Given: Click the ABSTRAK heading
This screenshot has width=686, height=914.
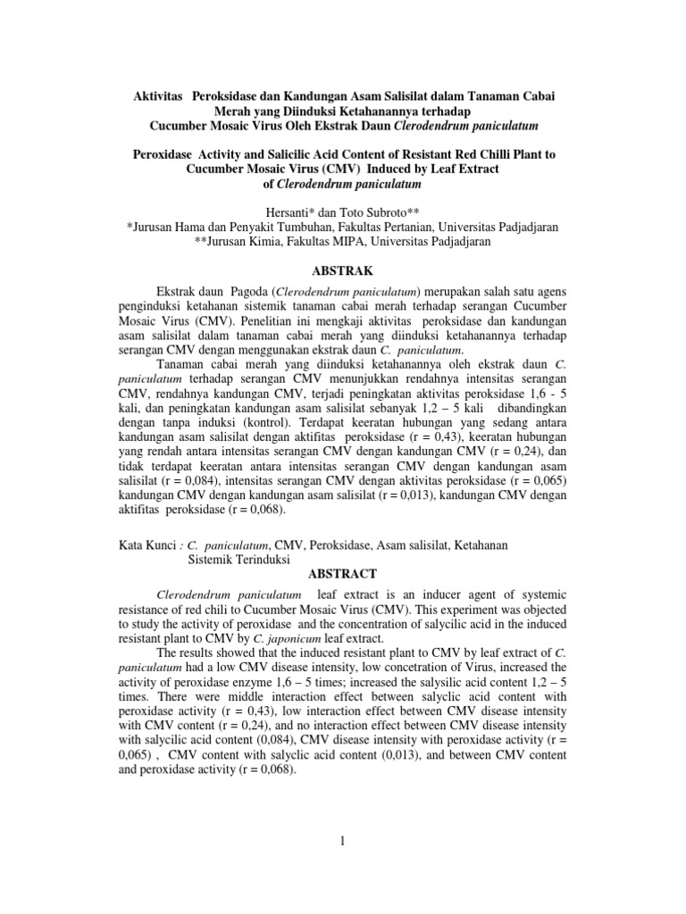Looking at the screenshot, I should pyautogui.click(x=343, y=270).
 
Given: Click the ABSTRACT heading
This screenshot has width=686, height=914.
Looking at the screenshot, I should pyautogui.click(x=343, y=574).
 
